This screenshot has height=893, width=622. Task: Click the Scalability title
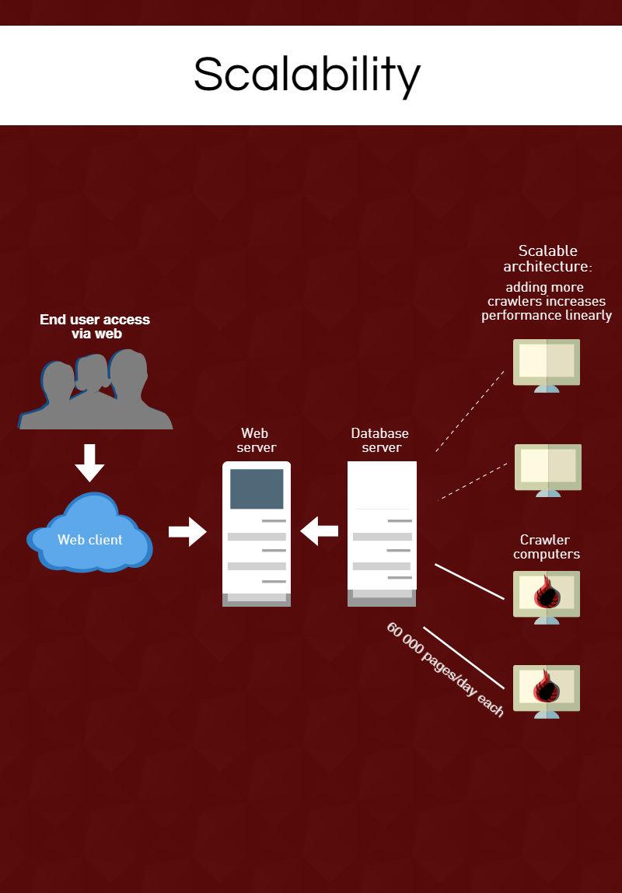coord(307,75)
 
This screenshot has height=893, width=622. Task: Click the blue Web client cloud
coord(89,537)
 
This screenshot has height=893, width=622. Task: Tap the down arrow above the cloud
coord(89,463)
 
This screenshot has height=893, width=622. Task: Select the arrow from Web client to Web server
coord(187,532)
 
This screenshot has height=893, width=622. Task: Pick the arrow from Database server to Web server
coord(319,532)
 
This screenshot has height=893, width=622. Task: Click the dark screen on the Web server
coord(257,489)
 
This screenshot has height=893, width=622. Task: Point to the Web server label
coord(257,440)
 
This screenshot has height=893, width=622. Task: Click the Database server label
coord(380,440)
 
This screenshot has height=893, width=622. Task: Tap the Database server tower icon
coord(382,533)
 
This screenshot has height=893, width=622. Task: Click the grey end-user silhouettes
coord(95,393)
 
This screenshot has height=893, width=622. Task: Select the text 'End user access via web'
coord(95,327)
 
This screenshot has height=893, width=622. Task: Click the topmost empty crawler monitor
coord(547,362)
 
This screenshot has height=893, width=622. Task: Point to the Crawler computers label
coord(547,547)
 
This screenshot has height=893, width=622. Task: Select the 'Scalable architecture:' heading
coord(548,259)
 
